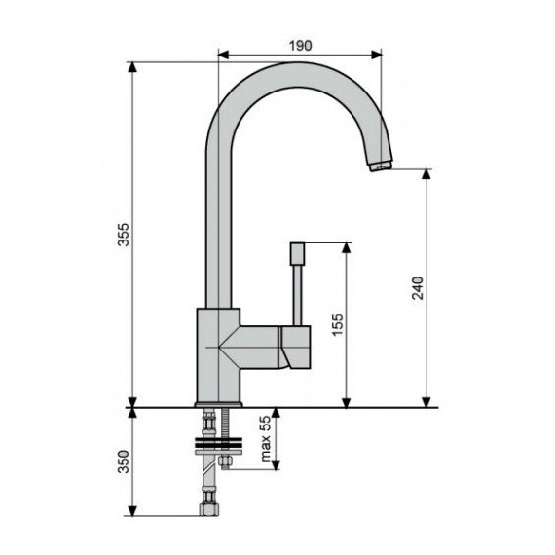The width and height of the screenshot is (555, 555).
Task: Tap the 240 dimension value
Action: [x=417, y=289]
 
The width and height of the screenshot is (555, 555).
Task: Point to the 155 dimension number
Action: [x=337, y=324]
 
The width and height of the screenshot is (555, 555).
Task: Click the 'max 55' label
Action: [x=263, y=439]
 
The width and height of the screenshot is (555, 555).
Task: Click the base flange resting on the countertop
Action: [x=219, y=403]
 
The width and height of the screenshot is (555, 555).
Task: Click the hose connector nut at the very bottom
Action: [x=207, y=508]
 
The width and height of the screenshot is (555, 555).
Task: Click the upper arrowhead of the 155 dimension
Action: [x=346, y=247]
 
